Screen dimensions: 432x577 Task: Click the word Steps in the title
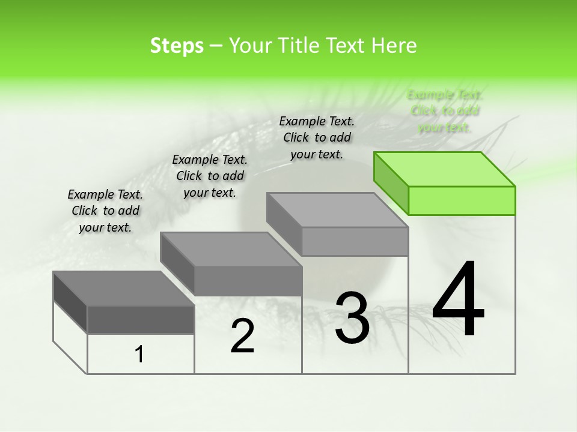pos(177,46)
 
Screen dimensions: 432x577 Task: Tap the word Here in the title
pos(394,46)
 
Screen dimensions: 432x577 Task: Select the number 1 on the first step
pos(139,355)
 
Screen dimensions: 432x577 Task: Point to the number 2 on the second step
pos(242,336)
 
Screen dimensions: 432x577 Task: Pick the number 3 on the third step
pos(352,318)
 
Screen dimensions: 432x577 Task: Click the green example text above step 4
pos(445,111)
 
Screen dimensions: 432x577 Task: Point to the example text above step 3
pos(317,137)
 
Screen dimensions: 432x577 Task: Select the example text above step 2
pos(210,176)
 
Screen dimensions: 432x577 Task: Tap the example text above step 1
pos(105,211)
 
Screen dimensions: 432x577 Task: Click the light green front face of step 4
pos(462,200)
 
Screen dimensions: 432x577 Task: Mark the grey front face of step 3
pos(355,241)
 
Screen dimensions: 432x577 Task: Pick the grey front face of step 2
pos(248,281)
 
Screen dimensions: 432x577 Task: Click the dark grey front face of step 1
pos(141,319)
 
